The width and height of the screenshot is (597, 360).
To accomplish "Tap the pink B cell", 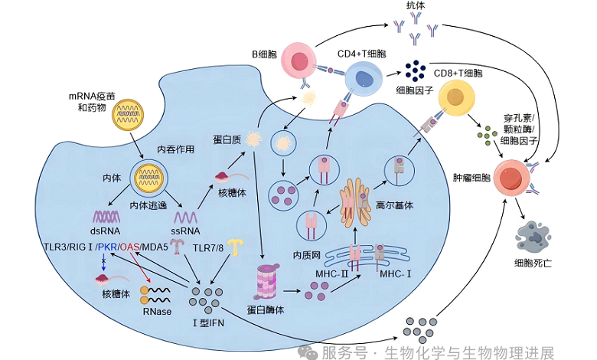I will pyautogui.click(x=298, y=63).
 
